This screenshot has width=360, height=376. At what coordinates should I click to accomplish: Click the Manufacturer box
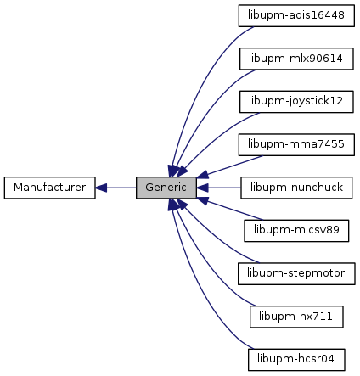pyautogui.click(x=49, y=188)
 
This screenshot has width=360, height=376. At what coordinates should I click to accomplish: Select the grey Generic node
pyautogui.click(x=166, y=188)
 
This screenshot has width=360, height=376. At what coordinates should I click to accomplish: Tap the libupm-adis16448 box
pyautogui.click(x=296, y=16)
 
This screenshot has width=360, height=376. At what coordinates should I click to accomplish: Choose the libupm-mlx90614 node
pyautogui.click(x=296, y=59)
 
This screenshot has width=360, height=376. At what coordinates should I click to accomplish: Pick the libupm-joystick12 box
pyautogui.click(x=296, y=102)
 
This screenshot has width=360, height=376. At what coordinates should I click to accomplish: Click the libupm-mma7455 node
pyautogui.click(x=296, y=145)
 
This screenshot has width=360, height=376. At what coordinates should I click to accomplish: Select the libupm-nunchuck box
pyautogui.click(x=296, y=188)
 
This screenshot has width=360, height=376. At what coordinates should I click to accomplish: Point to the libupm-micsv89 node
pyautogui.click(x=296, y=231)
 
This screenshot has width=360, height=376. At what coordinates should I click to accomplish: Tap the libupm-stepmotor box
pyautogui.click(x=296, y=274)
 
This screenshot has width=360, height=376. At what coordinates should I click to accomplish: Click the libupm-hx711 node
pyautogui.click(x=296, y=317)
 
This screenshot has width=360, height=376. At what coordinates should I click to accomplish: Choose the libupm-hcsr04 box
pyautogui.click(x=296, y=360)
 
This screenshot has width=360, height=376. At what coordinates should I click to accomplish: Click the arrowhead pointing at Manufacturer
pyautogui.click(x=101, y=188)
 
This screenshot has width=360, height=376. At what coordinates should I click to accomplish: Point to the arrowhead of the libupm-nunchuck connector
pyautogui.click(x=202, y=188)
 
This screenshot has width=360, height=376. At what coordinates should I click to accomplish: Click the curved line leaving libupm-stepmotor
pyautogui.click(x=215, y=240)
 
